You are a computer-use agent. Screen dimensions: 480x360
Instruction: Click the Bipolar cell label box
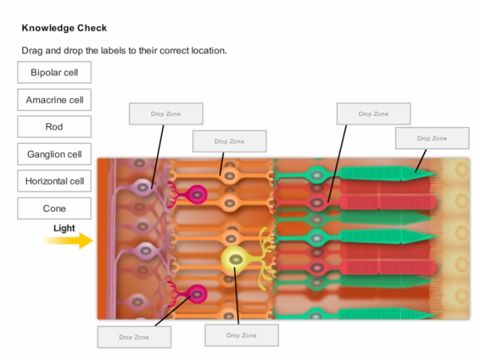[x=54, y=72]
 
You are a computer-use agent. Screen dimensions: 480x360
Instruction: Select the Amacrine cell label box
[x=54, y=100]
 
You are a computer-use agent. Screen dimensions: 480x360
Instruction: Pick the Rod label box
[x=54, y=127]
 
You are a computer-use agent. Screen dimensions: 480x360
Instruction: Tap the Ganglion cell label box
[x=54, y=154]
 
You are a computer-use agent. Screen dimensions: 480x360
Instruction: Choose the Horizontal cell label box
[x=54, y=181]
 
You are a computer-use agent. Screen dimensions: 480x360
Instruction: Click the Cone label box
[x=54, y=208]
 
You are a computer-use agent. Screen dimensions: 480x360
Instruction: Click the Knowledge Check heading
[x=64, y=28]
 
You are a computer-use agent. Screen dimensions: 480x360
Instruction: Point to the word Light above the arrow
[x=64, y=228]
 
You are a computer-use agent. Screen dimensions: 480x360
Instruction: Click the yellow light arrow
[x=68, y=241]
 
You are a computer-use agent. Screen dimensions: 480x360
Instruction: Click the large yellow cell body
[x=235, y=259]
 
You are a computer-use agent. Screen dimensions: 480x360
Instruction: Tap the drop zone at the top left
[x=166, y=114]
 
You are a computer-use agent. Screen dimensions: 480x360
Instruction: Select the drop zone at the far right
[x=432, y=139]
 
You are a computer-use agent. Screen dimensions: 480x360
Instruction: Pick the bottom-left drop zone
[x=134, y=337]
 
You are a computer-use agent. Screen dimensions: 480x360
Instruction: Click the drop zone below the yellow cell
[x=241, y=335]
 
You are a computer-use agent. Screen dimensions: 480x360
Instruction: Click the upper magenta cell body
[x=197, y=195]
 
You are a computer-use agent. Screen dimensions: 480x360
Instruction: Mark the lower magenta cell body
[x=197, y=294]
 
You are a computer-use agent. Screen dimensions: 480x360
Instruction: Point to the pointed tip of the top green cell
[x=436, y=174]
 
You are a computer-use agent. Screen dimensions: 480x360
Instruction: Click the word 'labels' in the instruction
[x=112, y=51]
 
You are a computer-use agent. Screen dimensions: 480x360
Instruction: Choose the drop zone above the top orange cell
[x=230, y=141]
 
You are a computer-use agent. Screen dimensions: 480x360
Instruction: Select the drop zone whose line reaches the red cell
[x=374, y=114]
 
